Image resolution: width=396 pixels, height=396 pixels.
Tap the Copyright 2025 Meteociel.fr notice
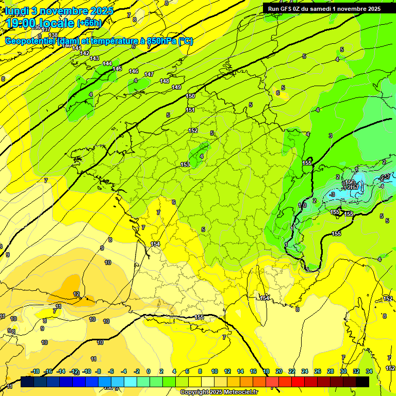(219, 392)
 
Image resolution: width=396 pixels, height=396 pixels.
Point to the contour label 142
(85, 53)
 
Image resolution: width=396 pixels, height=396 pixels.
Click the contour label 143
(94, 58)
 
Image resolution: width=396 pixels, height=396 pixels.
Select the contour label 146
(134, 71)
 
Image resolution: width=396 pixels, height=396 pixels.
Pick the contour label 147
(149, 75)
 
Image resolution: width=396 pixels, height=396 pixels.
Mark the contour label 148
(164, 81)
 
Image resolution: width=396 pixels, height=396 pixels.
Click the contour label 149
(176, 87)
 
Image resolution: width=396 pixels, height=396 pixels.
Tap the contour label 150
(190, 96)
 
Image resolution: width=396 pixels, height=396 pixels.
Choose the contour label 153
(185, 164)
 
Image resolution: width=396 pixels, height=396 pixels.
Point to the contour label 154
(155, 244)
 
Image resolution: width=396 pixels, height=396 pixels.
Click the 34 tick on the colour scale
(369, 371)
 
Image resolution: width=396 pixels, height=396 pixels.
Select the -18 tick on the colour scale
(36, 371)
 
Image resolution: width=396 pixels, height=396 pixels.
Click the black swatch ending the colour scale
(362, 382)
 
